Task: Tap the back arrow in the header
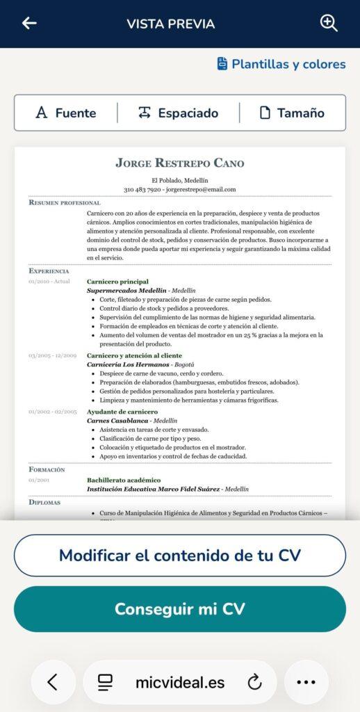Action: (29, 23)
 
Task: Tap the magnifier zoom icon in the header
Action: (329, 23)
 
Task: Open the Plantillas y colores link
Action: (281, 64)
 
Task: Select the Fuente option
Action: (66, 113)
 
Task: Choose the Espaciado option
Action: (179, 113)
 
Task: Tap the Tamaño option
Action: (292, 113)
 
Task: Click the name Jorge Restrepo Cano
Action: (180, 163)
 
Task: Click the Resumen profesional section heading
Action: (65, 202)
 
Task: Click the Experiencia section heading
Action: (49, 270)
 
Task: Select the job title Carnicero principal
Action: (117, 282)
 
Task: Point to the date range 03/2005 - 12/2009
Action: (53, 356)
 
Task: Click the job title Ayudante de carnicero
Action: (122, 412)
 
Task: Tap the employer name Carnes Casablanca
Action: (117, 421)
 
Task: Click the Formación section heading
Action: (47, 470)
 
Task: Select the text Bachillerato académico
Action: (124, 480)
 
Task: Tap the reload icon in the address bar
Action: (254, 682)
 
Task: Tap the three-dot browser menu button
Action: (306, 682)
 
